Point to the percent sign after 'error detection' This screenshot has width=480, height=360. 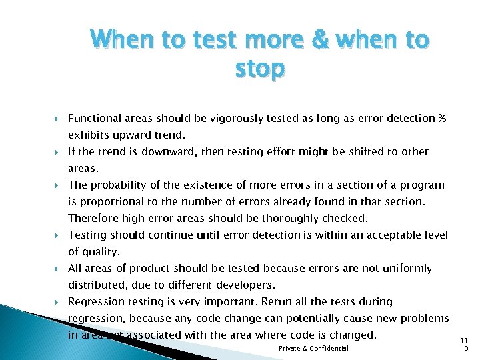click(442, 119)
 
